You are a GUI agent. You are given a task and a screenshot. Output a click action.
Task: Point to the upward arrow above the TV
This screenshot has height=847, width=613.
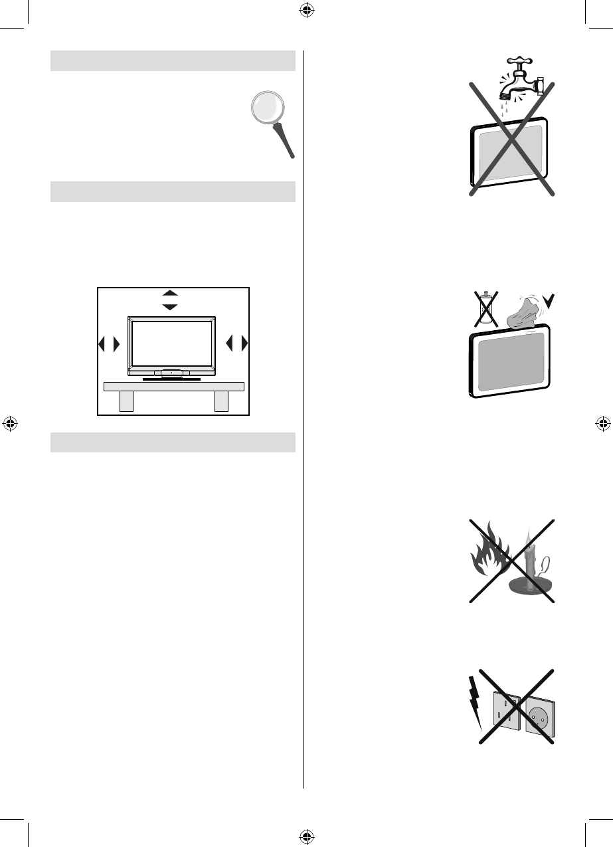coord(171,293)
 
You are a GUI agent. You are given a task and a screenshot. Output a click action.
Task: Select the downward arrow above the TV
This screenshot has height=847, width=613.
coord(171,306)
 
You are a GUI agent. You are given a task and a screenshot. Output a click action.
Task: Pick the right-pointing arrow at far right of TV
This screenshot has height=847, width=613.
coord(244,344)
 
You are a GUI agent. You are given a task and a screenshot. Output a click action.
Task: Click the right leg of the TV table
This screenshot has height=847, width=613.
coord(221,401)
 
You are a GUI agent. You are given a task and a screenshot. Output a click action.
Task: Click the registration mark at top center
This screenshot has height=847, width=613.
coord(306,9)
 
